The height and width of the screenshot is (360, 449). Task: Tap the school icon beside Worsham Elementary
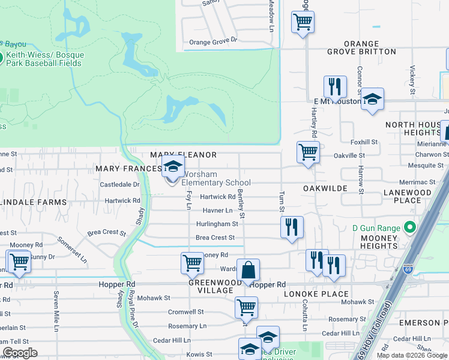pyautogui.click(x=172, y=169)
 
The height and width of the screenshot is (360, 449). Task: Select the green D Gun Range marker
pyautogui.click(x=410, y=227)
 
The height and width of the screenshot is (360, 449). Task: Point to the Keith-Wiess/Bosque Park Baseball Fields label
pyautogui.click(x=45, y=59)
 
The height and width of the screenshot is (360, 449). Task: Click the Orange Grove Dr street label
pyautogui.click(x=213, y=42)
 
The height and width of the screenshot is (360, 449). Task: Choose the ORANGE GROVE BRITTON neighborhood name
pyautogui.click(x=361, y=48)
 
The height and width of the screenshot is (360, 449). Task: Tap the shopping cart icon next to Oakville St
pyautogui.click(x=308, y=152)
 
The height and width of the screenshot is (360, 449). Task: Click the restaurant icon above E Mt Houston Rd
pyautogui.click(x=334, y=86)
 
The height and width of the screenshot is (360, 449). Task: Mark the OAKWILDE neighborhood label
pyautogui.click(x=325, y=188)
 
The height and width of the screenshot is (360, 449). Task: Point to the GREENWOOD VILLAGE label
pyautogui.click(x=211, y=286)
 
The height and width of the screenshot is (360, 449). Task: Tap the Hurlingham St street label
pyautogui.click(x=217, y=224)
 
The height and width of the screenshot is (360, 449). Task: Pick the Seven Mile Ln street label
pyautogui.click(x=56, y=311)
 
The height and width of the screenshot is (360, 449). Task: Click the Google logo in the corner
pyautogui.click(x=20, y=353)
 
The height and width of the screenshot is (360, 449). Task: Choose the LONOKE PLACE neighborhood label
pyautogui.click(x=326, y=293)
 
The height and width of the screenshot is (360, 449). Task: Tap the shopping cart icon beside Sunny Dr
pyautogui.click(x=19, y=262)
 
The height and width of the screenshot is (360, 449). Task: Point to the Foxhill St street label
pyautogui.click(x=364, y=142)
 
